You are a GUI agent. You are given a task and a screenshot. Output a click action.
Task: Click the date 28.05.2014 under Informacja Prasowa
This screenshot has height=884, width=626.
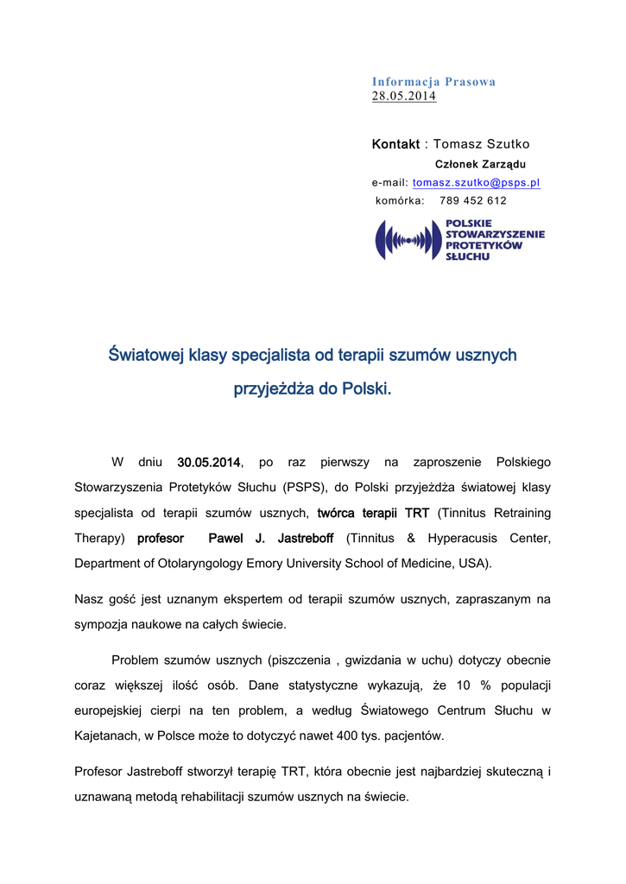tap(403, 96)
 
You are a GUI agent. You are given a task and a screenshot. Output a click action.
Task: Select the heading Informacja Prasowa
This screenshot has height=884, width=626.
tap(433, 82)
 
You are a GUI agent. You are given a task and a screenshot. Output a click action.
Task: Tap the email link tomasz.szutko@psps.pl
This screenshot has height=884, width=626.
tap(477, 183)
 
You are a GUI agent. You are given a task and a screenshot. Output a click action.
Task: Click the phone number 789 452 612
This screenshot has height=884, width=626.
tap(473, 200)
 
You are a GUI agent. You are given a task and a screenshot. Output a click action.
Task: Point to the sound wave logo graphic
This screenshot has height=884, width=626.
tap(408, 240)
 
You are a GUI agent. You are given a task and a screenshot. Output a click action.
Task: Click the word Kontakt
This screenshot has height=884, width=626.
tap(395, 144)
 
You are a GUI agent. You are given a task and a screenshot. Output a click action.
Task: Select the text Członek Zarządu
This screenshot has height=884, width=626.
tap(480, 164)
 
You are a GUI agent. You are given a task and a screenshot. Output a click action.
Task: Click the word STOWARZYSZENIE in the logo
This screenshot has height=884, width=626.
tap(495, 234)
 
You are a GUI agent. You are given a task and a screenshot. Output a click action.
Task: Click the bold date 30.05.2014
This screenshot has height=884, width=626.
tap(208, 464)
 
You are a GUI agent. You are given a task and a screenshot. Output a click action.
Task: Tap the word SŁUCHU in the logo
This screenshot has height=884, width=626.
tap(467, 256)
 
